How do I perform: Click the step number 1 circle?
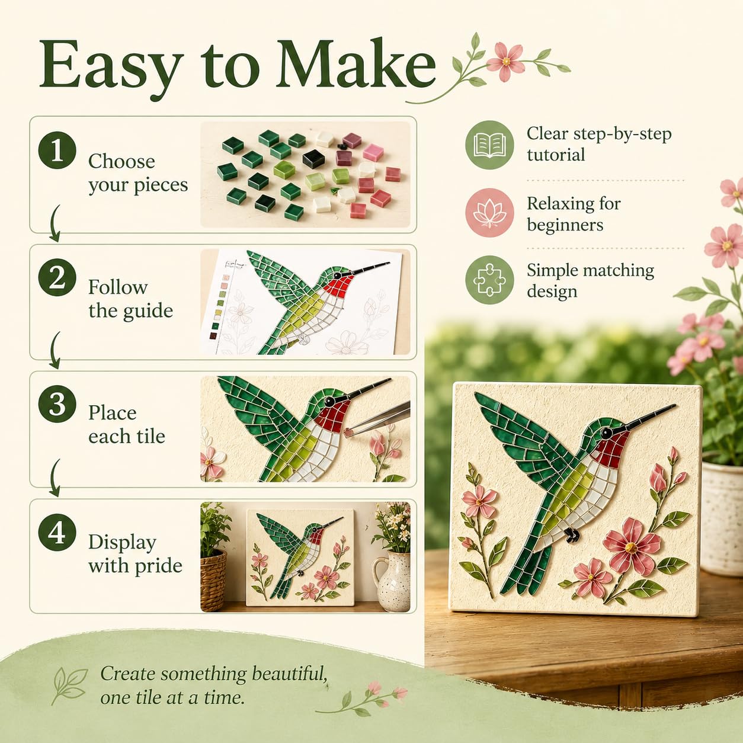tap(57, 150)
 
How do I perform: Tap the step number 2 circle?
tap(57, 277)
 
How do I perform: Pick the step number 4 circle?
tap(57, 531)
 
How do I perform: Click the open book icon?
tap(489, 145)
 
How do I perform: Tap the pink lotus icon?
tap(489, 213)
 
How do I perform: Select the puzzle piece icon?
tap(489, 280)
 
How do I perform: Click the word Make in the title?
tap(355, 64)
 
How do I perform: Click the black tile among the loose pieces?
tap(313, 158)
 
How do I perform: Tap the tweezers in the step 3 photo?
tap(380, 419)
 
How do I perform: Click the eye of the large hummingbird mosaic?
tap(606, 432)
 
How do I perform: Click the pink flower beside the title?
tap(506, 62)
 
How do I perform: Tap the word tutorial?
tap(556, 155)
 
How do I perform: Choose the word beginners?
tap(565, 225)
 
